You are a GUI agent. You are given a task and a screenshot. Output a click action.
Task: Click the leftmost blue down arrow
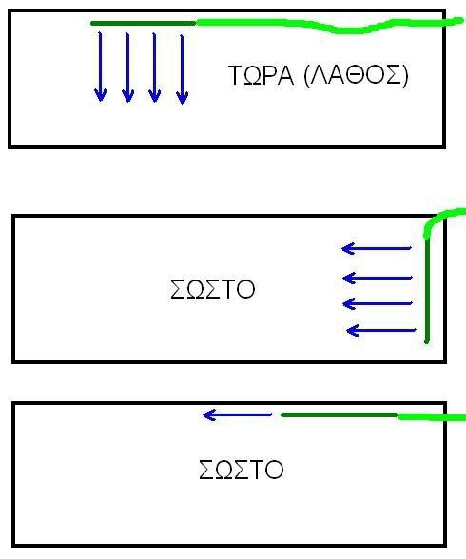(x=100, y=67)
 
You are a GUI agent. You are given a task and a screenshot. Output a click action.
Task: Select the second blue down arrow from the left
(x=127, y=67)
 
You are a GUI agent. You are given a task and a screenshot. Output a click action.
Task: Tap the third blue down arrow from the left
(x=154, y=67)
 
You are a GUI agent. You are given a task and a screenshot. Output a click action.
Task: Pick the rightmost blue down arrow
(x=183, y=69)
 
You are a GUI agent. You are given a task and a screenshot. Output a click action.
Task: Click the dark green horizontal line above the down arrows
(x=144, y=23)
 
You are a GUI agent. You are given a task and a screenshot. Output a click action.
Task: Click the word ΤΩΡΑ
(x=261, y=75)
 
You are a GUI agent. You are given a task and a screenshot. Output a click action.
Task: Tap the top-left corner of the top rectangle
(x=10, y=11)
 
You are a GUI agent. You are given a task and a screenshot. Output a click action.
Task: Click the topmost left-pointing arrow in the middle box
(x=377, y=248)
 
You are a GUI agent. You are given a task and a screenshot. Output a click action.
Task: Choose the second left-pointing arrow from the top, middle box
(x=378, y=278)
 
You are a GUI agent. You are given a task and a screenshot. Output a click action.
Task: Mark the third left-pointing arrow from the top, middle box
(x=378, y=304)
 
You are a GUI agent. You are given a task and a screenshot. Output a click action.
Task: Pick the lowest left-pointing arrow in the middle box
(x=381, y=331)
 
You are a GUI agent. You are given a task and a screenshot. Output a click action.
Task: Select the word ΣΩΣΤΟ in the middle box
(x=212, y=289)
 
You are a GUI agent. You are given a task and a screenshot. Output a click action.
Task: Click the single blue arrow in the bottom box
(x=238, y=414)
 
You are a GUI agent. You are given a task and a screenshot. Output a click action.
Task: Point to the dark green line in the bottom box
(x=339, y=414)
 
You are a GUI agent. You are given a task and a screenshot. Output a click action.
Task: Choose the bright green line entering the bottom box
(x=432, y=417)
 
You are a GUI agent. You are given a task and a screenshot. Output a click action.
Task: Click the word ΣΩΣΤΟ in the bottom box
(x=241, y=470)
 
